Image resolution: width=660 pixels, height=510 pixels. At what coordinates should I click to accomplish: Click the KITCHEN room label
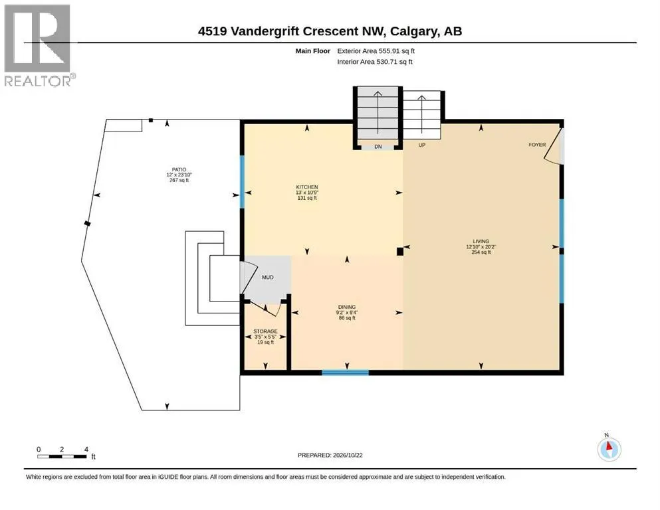[x=307, y=187]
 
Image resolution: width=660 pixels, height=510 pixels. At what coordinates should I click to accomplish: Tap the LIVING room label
[x=481, y=241]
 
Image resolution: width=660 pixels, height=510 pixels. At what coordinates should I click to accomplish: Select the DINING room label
[x=347, y=307]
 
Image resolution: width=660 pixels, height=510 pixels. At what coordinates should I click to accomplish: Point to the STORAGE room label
[x=265, y=331]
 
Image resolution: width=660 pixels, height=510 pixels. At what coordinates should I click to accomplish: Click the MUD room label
[x=268, y=278]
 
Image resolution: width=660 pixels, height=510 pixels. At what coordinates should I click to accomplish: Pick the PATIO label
[x=179, y=169]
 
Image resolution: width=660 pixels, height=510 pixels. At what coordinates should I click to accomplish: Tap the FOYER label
[x=537, y=145]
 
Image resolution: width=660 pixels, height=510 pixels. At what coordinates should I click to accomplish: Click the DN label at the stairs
[x=378, y=147]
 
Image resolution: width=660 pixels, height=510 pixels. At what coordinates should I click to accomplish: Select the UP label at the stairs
[x=422, y=145]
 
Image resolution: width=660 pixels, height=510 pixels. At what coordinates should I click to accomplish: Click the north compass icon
[x=609, y=450]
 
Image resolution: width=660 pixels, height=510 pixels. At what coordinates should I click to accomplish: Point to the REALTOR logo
[x=39, y=45]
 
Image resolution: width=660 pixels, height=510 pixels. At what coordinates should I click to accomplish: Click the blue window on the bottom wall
[x=346, y=372]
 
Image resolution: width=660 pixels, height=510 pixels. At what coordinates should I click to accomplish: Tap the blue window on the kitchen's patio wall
[x=242, y=182]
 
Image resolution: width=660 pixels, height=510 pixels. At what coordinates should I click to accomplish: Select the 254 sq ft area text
[x=481, y=252]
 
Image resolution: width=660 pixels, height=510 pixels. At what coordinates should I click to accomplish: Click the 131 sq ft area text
[x=307, y=198]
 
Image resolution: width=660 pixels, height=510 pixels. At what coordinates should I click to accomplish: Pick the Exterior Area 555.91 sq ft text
[x=376, y=51]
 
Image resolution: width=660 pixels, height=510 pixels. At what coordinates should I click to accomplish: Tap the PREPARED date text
[x=330, y=455]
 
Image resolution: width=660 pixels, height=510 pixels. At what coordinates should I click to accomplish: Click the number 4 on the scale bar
[x=86, y=450]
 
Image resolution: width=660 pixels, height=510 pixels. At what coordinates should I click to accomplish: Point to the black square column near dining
[x=400, y=252]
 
